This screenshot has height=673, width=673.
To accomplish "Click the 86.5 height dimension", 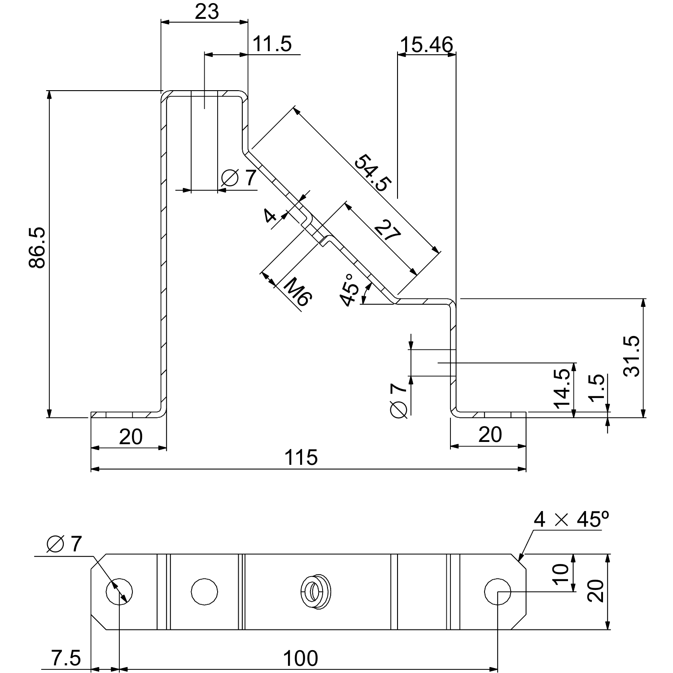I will [37, 248].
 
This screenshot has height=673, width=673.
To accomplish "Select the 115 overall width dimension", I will [301, 458].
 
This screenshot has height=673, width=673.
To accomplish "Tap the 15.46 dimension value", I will [426, 45].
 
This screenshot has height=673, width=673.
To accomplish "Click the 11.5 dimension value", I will [272, 44].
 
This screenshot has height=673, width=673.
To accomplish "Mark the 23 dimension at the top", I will [207, 12].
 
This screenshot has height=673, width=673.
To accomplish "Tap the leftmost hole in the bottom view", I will [119, 591].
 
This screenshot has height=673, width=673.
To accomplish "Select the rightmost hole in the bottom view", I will [498, 591].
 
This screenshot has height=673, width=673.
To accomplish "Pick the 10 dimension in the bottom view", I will [561, 573].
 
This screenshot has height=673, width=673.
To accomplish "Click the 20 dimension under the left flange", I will [131, 437].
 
